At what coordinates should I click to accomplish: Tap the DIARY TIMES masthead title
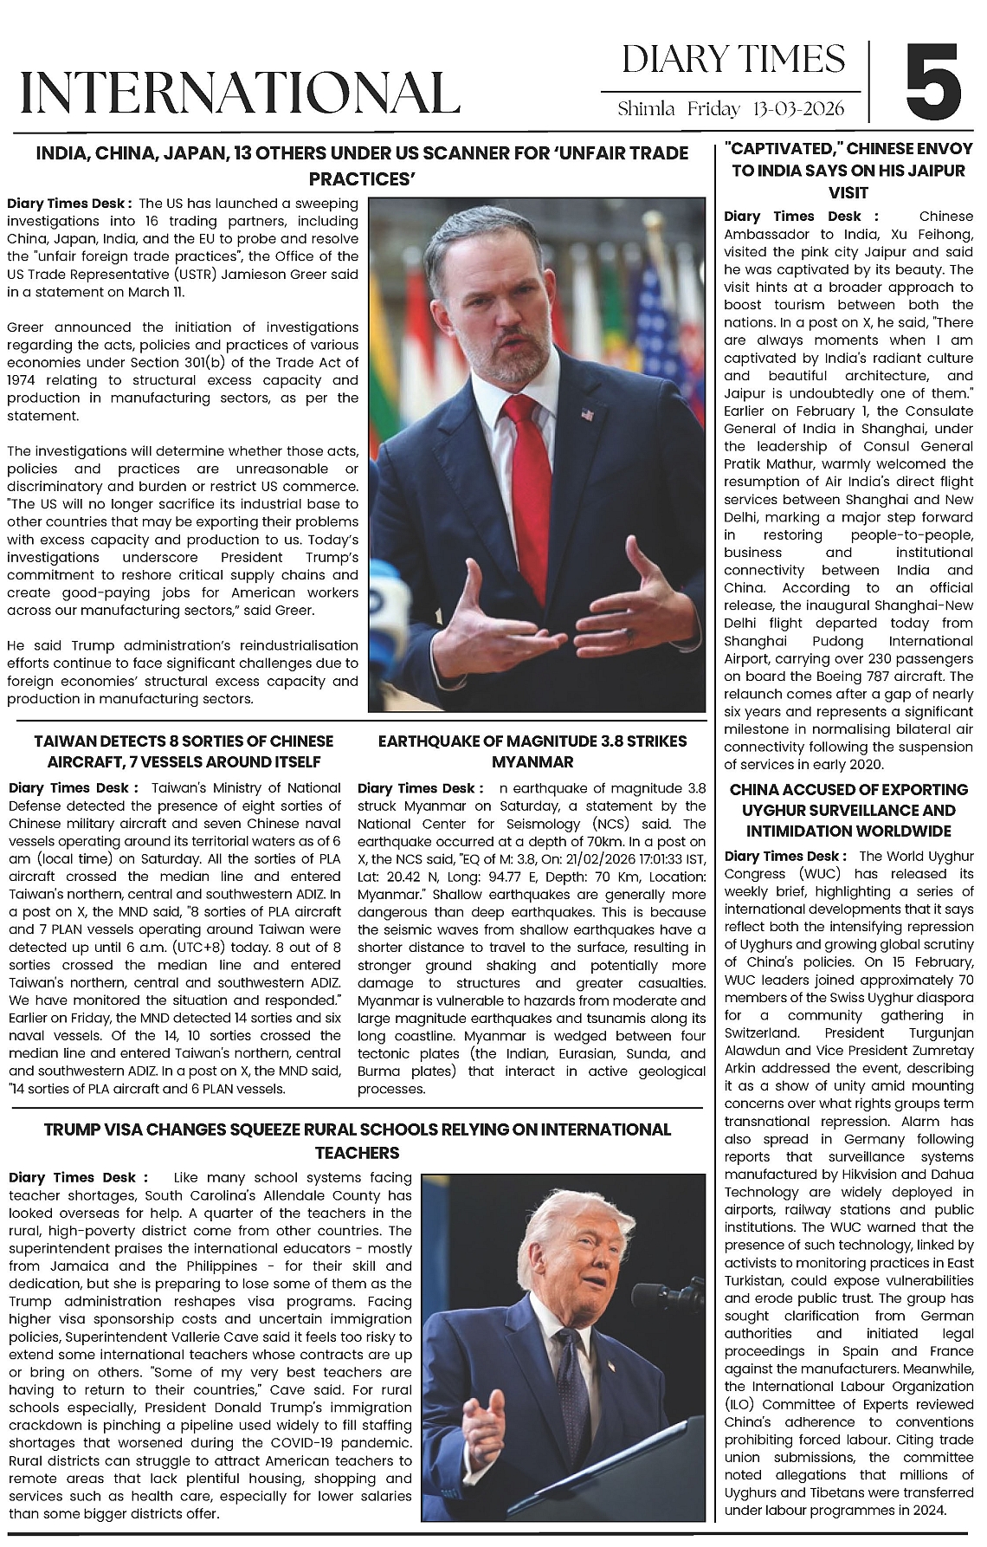click(x=732, y=59)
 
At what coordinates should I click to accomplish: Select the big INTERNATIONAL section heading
click(x=239, y=93)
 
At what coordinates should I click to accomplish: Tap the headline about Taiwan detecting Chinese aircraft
click(x=183, y=751)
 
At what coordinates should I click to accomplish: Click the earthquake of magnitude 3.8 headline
click(x=532, y=751)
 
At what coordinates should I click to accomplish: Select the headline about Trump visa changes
click(x=357, y=1140)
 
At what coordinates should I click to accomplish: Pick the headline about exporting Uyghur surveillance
click(x=848, y=810)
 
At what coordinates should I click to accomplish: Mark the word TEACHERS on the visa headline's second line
click(x=357, y=1152)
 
